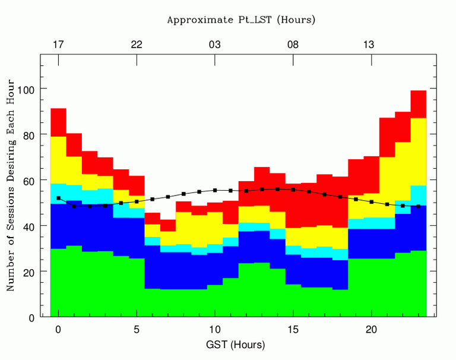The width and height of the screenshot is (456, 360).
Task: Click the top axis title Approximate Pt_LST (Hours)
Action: pyautogui.click(x=241, y=20)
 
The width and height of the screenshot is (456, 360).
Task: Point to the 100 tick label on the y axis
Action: pyautogui.click(x=26, y=89)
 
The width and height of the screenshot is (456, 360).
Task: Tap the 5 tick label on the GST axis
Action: pyautogui.click(x=137, y=330)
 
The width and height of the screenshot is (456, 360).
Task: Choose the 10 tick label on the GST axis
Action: pyautogui.click(x=215, y=330)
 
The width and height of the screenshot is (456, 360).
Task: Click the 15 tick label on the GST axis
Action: pyautogui.click(x=293, y=330)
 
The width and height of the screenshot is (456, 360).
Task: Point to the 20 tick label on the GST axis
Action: pyautogui.click(x=372, y=330)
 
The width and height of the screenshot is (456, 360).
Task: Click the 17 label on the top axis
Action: pyautogui.click(x=58, y=45)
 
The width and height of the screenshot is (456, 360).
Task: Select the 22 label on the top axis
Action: pyautogui.click(x=137, y=45)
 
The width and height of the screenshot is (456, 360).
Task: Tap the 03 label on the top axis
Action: pyautogui.click(x=215, y=45)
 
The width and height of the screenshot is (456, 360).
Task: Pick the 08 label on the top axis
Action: pyautogui.click(x=293, y=45)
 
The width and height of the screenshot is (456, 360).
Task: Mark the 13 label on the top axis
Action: pyautogui.click(x=369, y=45)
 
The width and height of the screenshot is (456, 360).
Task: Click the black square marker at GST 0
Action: pyautogui.click(x=58, y=198)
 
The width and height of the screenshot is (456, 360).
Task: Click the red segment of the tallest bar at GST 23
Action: pyautogui.click(x=419, y=104)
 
